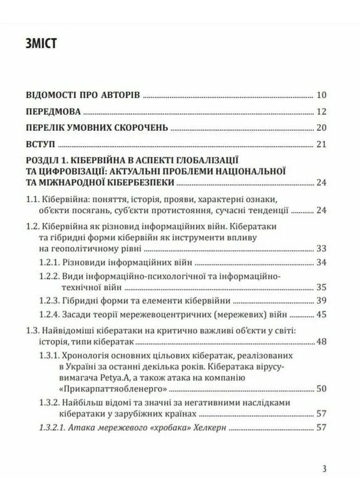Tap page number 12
click(322, 112)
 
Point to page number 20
click(322, 128)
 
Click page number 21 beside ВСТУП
click(322, 145)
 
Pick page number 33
click(322, 247)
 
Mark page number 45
click(322, 314)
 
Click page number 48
click(322, 342)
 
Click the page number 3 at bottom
click(323, 468)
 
